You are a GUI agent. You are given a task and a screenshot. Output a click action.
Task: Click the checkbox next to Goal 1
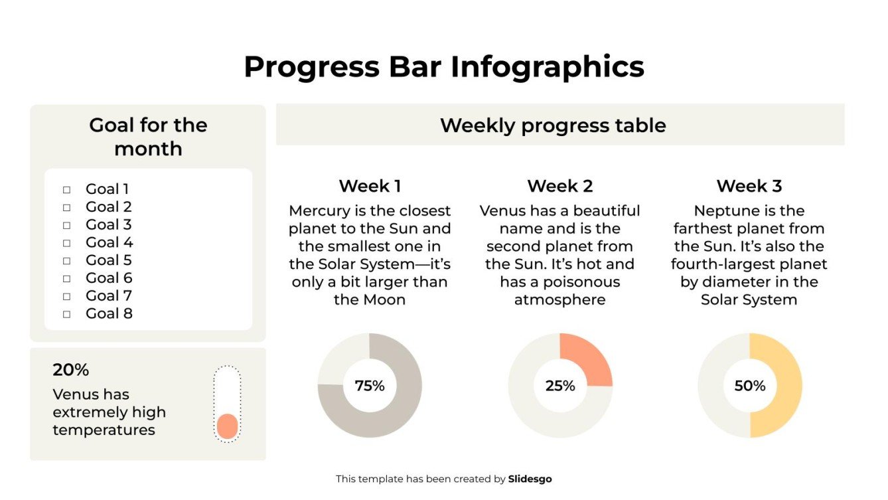pos(66,190)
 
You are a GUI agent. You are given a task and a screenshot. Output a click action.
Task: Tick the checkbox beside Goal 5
pos(66,261)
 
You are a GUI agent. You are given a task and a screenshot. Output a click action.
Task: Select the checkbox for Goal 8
pos(66,314)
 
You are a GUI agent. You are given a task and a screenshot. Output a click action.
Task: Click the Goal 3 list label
pos(109,224)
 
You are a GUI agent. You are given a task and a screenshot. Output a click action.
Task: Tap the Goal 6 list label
pos(109,278)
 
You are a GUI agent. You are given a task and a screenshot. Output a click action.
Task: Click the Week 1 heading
pos(370,186)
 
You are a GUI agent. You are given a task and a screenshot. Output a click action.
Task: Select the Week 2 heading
pos(559,186)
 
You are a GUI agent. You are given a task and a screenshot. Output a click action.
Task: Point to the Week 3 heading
pos(749,186)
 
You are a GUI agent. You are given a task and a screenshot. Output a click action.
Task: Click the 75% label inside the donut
pos(370,386)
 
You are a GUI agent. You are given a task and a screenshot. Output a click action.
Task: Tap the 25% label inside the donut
pos(559,386)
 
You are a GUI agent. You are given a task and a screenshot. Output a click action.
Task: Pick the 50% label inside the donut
pos(749,386)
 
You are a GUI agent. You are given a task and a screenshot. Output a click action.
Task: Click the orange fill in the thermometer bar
pos(227,426)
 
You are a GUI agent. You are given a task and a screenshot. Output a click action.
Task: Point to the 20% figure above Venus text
pos(70,370)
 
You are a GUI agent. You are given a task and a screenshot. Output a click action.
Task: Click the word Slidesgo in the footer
pos(530,479)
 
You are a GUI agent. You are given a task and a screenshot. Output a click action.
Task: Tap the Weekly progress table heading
pos(553,125)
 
